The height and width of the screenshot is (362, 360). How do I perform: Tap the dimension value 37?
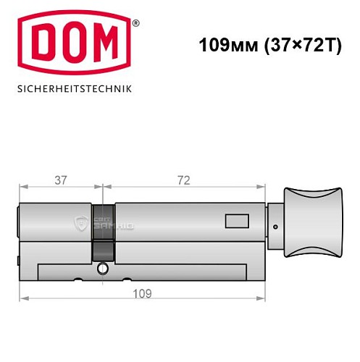pyautogui.click(x=61, y=181)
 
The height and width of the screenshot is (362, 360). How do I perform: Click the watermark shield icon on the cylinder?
pyautogui.click(x=81, y=224)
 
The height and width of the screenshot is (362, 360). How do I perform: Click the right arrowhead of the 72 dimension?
pyautogui.click(x=264, y=188)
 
